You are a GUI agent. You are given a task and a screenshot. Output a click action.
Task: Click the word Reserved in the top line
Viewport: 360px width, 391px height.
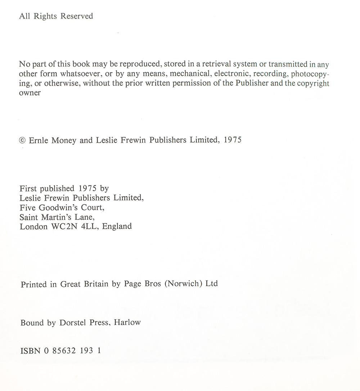tap(77, 16)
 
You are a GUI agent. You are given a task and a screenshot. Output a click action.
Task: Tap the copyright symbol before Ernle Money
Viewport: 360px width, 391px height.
tap(23, 140)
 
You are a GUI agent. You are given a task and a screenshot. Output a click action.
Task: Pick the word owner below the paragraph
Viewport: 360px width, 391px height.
tap(30, 93)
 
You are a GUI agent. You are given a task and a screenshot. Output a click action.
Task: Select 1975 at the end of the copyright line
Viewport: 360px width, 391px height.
tap(233, 140)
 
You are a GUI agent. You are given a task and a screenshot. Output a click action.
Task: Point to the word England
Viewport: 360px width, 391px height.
tap(117, 227)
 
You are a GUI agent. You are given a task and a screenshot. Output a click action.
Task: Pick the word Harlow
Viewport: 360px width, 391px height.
tap(127, 323)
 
